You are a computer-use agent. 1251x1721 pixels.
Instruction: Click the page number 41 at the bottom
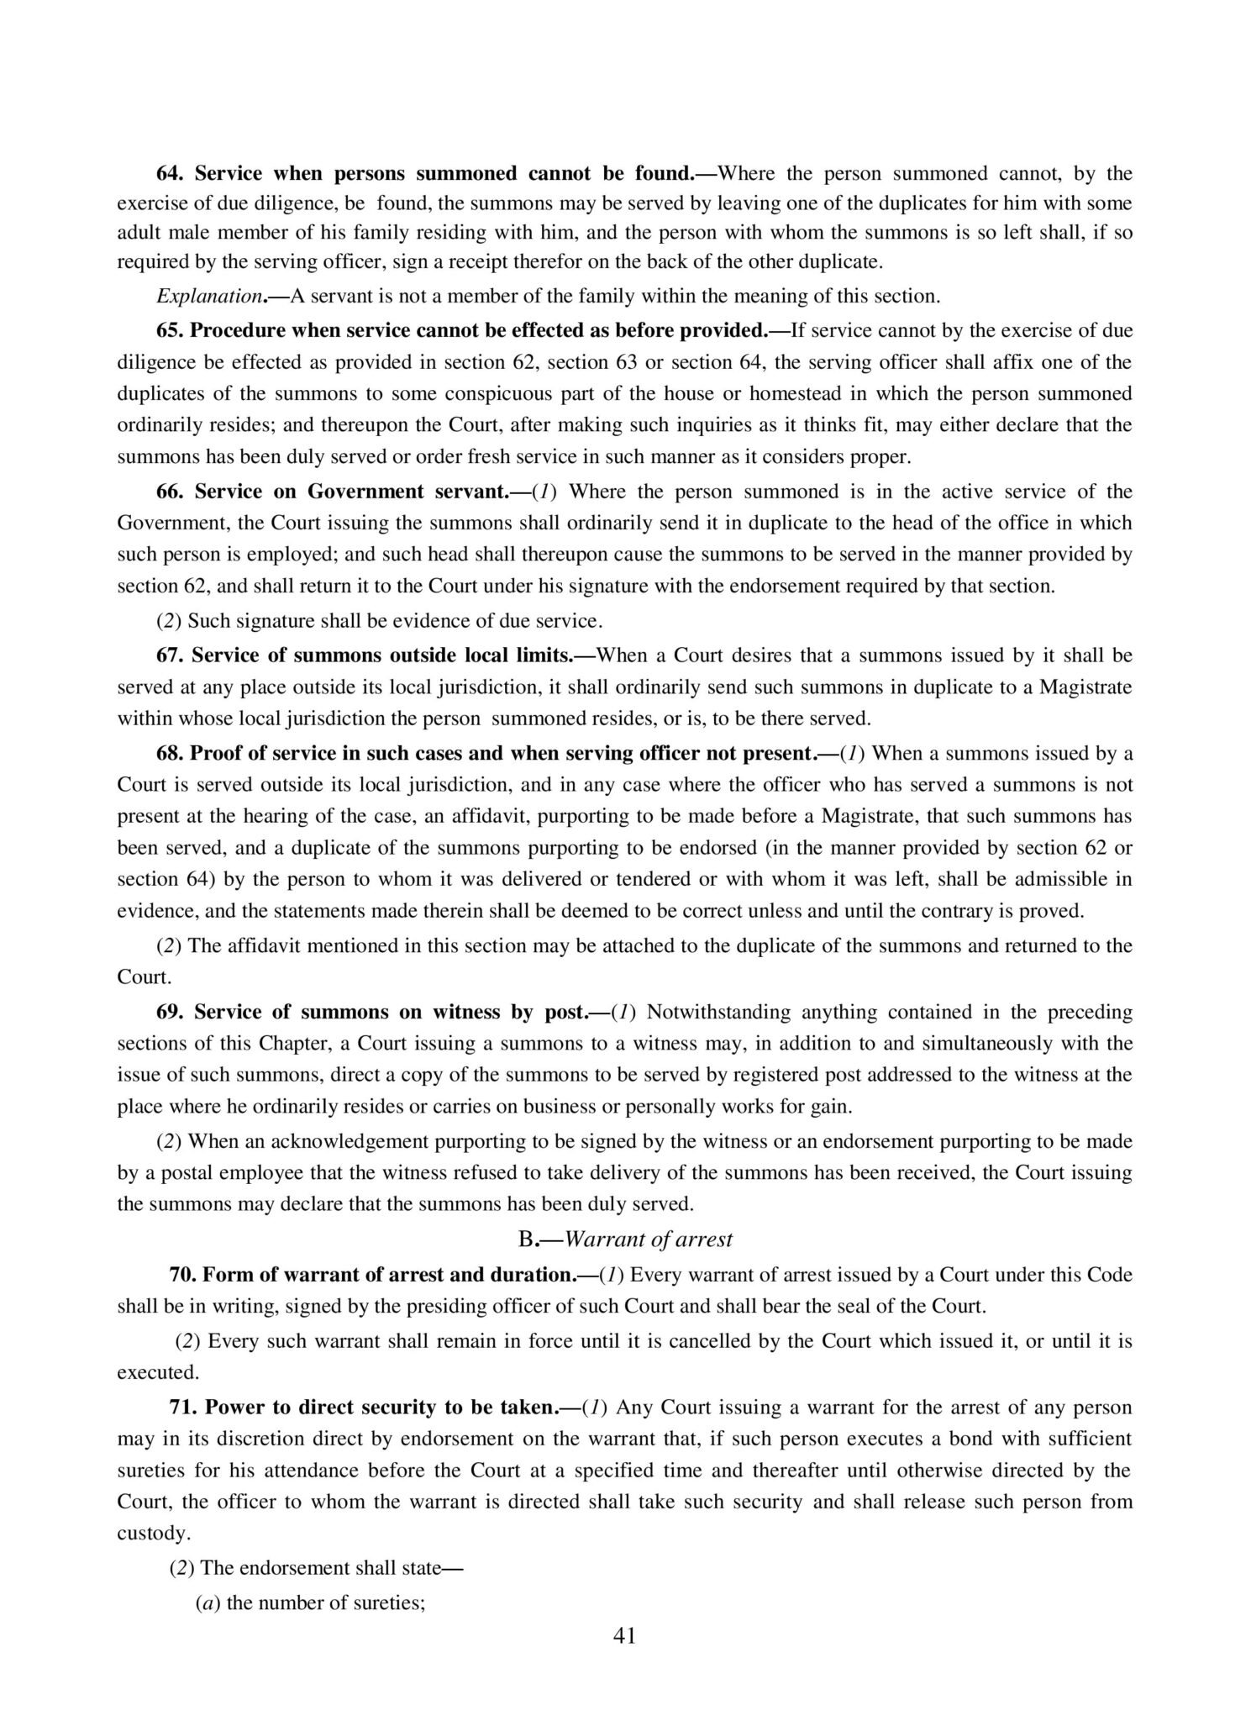tap(625, 1635)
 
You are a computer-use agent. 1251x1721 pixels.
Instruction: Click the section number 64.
tap(170, 174)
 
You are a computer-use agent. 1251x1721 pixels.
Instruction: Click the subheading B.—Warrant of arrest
tap(625, 1239)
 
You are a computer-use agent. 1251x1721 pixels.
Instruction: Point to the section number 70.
tap(181, 1275)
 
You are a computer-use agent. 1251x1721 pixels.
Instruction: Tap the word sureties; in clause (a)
tap(390, 1603)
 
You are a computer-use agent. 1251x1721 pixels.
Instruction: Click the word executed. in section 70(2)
tap(158, 1372)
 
